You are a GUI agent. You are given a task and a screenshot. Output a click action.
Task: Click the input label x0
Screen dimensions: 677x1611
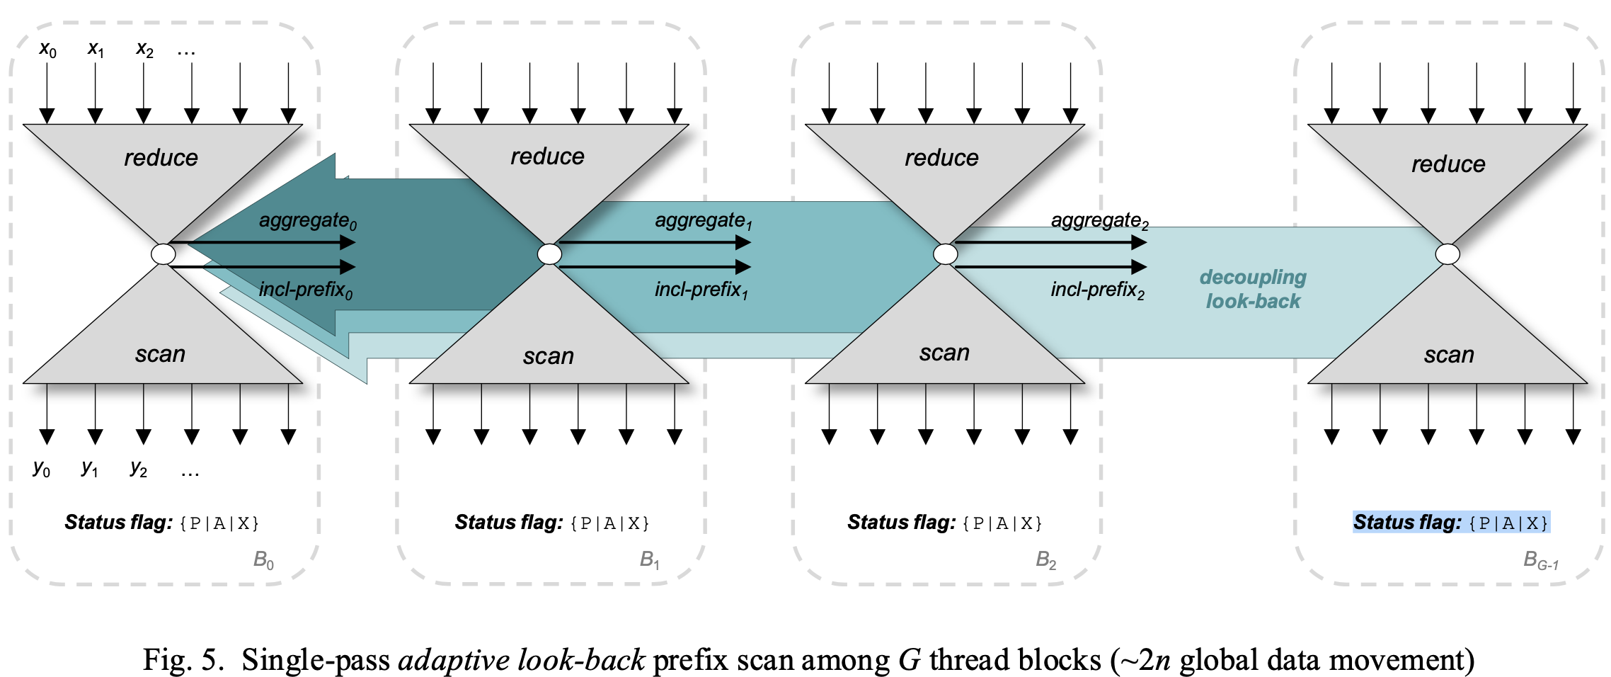47,50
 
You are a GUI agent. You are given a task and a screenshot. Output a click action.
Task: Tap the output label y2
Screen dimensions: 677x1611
139,469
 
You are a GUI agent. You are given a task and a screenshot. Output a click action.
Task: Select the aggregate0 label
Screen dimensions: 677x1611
307,221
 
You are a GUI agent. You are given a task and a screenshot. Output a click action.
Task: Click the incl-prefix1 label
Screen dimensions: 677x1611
701,290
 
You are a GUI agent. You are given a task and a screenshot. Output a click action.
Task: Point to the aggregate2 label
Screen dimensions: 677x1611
1099,221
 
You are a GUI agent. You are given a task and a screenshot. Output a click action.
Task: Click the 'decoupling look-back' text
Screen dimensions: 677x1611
1253,289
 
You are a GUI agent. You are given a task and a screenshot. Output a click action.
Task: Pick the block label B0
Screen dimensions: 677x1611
263,561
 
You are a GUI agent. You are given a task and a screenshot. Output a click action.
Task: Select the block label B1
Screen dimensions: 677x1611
649,561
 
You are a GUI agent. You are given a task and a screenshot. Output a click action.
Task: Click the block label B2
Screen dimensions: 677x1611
1045,561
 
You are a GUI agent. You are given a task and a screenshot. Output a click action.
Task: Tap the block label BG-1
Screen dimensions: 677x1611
1540,561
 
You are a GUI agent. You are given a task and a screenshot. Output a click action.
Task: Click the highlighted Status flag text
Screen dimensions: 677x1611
1451,523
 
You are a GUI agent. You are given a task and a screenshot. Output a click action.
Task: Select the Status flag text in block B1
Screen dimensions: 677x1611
552,523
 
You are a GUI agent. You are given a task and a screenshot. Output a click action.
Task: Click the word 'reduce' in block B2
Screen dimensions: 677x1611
941,158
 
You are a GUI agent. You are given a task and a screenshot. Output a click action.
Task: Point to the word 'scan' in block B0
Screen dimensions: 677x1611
160,354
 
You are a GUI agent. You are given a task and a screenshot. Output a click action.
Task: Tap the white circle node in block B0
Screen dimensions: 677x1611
164,254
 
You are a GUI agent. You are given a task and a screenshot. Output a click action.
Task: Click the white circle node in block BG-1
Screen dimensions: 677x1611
1447,254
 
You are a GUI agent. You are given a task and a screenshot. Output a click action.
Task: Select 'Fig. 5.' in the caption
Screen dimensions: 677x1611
183,660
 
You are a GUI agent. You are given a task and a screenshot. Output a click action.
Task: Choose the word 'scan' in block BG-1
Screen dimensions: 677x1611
1449,355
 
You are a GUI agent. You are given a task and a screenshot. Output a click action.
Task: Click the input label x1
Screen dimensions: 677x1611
96,50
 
